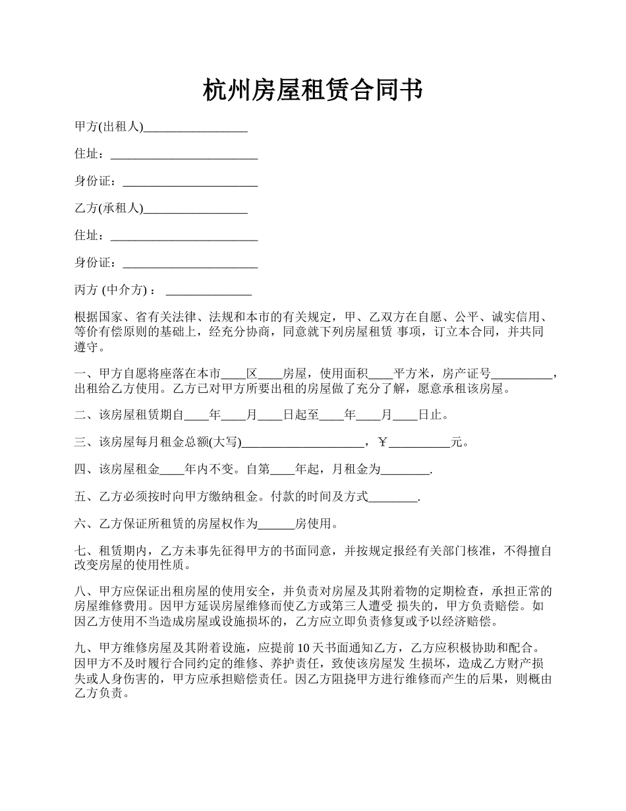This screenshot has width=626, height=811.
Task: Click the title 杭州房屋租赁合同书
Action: (x=312, y=90)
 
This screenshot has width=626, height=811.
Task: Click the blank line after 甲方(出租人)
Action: (x=195, y=128)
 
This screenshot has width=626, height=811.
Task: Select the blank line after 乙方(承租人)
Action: (x=195, y=209)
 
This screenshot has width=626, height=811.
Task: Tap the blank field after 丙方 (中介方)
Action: (x=209, y=291)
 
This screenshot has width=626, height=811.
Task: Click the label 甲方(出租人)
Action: (x=109, y=127)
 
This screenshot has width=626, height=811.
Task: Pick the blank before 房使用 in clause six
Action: (x=275, y=526)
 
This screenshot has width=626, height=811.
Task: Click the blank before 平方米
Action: (x=381, y=375)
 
